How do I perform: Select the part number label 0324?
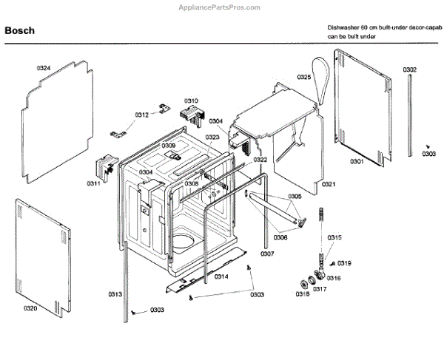tap(44, 68)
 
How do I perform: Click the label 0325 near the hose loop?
tap(304, 77)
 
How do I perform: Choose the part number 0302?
tap(409, 69)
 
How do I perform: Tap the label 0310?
tap(191, 101)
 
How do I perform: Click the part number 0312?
tap(141, 115)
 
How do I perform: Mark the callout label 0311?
tap(92, 183)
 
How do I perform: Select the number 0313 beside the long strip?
tap(115, 294)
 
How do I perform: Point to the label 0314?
tap(221, 276)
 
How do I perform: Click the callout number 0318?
tap(302, 294)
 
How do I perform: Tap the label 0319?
tap(346, 263)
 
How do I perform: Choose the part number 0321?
tap(329, 184)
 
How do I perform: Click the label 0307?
tap(267, 254)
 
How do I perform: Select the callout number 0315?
tap(335, 237)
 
